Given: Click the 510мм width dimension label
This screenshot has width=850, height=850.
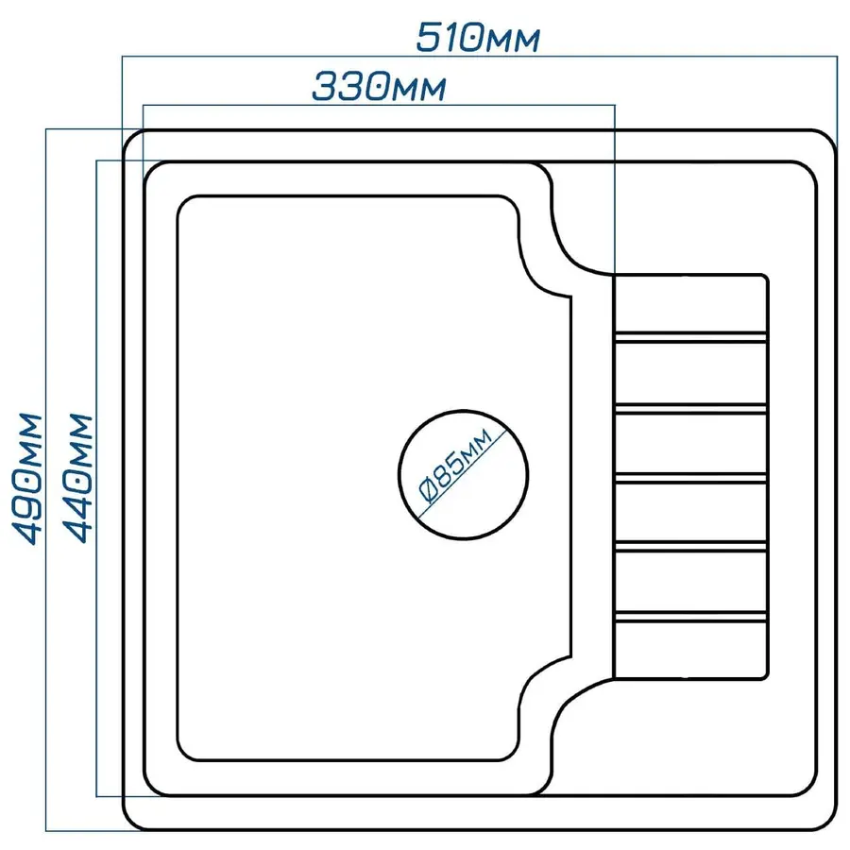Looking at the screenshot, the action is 478,38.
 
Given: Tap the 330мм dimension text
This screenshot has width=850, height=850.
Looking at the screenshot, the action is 380,86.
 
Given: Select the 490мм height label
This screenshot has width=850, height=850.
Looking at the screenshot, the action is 26,479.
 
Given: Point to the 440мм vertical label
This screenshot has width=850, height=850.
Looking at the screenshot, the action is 77,479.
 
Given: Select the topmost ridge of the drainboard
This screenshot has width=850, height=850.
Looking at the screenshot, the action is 690,336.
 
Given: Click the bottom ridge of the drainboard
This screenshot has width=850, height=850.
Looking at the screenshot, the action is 690,617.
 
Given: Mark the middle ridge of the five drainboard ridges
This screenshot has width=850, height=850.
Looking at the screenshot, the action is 690,477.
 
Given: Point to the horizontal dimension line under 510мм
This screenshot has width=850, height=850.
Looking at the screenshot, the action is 480,56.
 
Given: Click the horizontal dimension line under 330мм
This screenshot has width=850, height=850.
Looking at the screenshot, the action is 379,105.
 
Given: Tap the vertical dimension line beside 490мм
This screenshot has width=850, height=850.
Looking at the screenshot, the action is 46,480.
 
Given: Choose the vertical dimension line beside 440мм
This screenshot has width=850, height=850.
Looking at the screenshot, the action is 96,478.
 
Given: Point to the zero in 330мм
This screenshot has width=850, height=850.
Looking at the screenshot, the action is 375,87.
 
